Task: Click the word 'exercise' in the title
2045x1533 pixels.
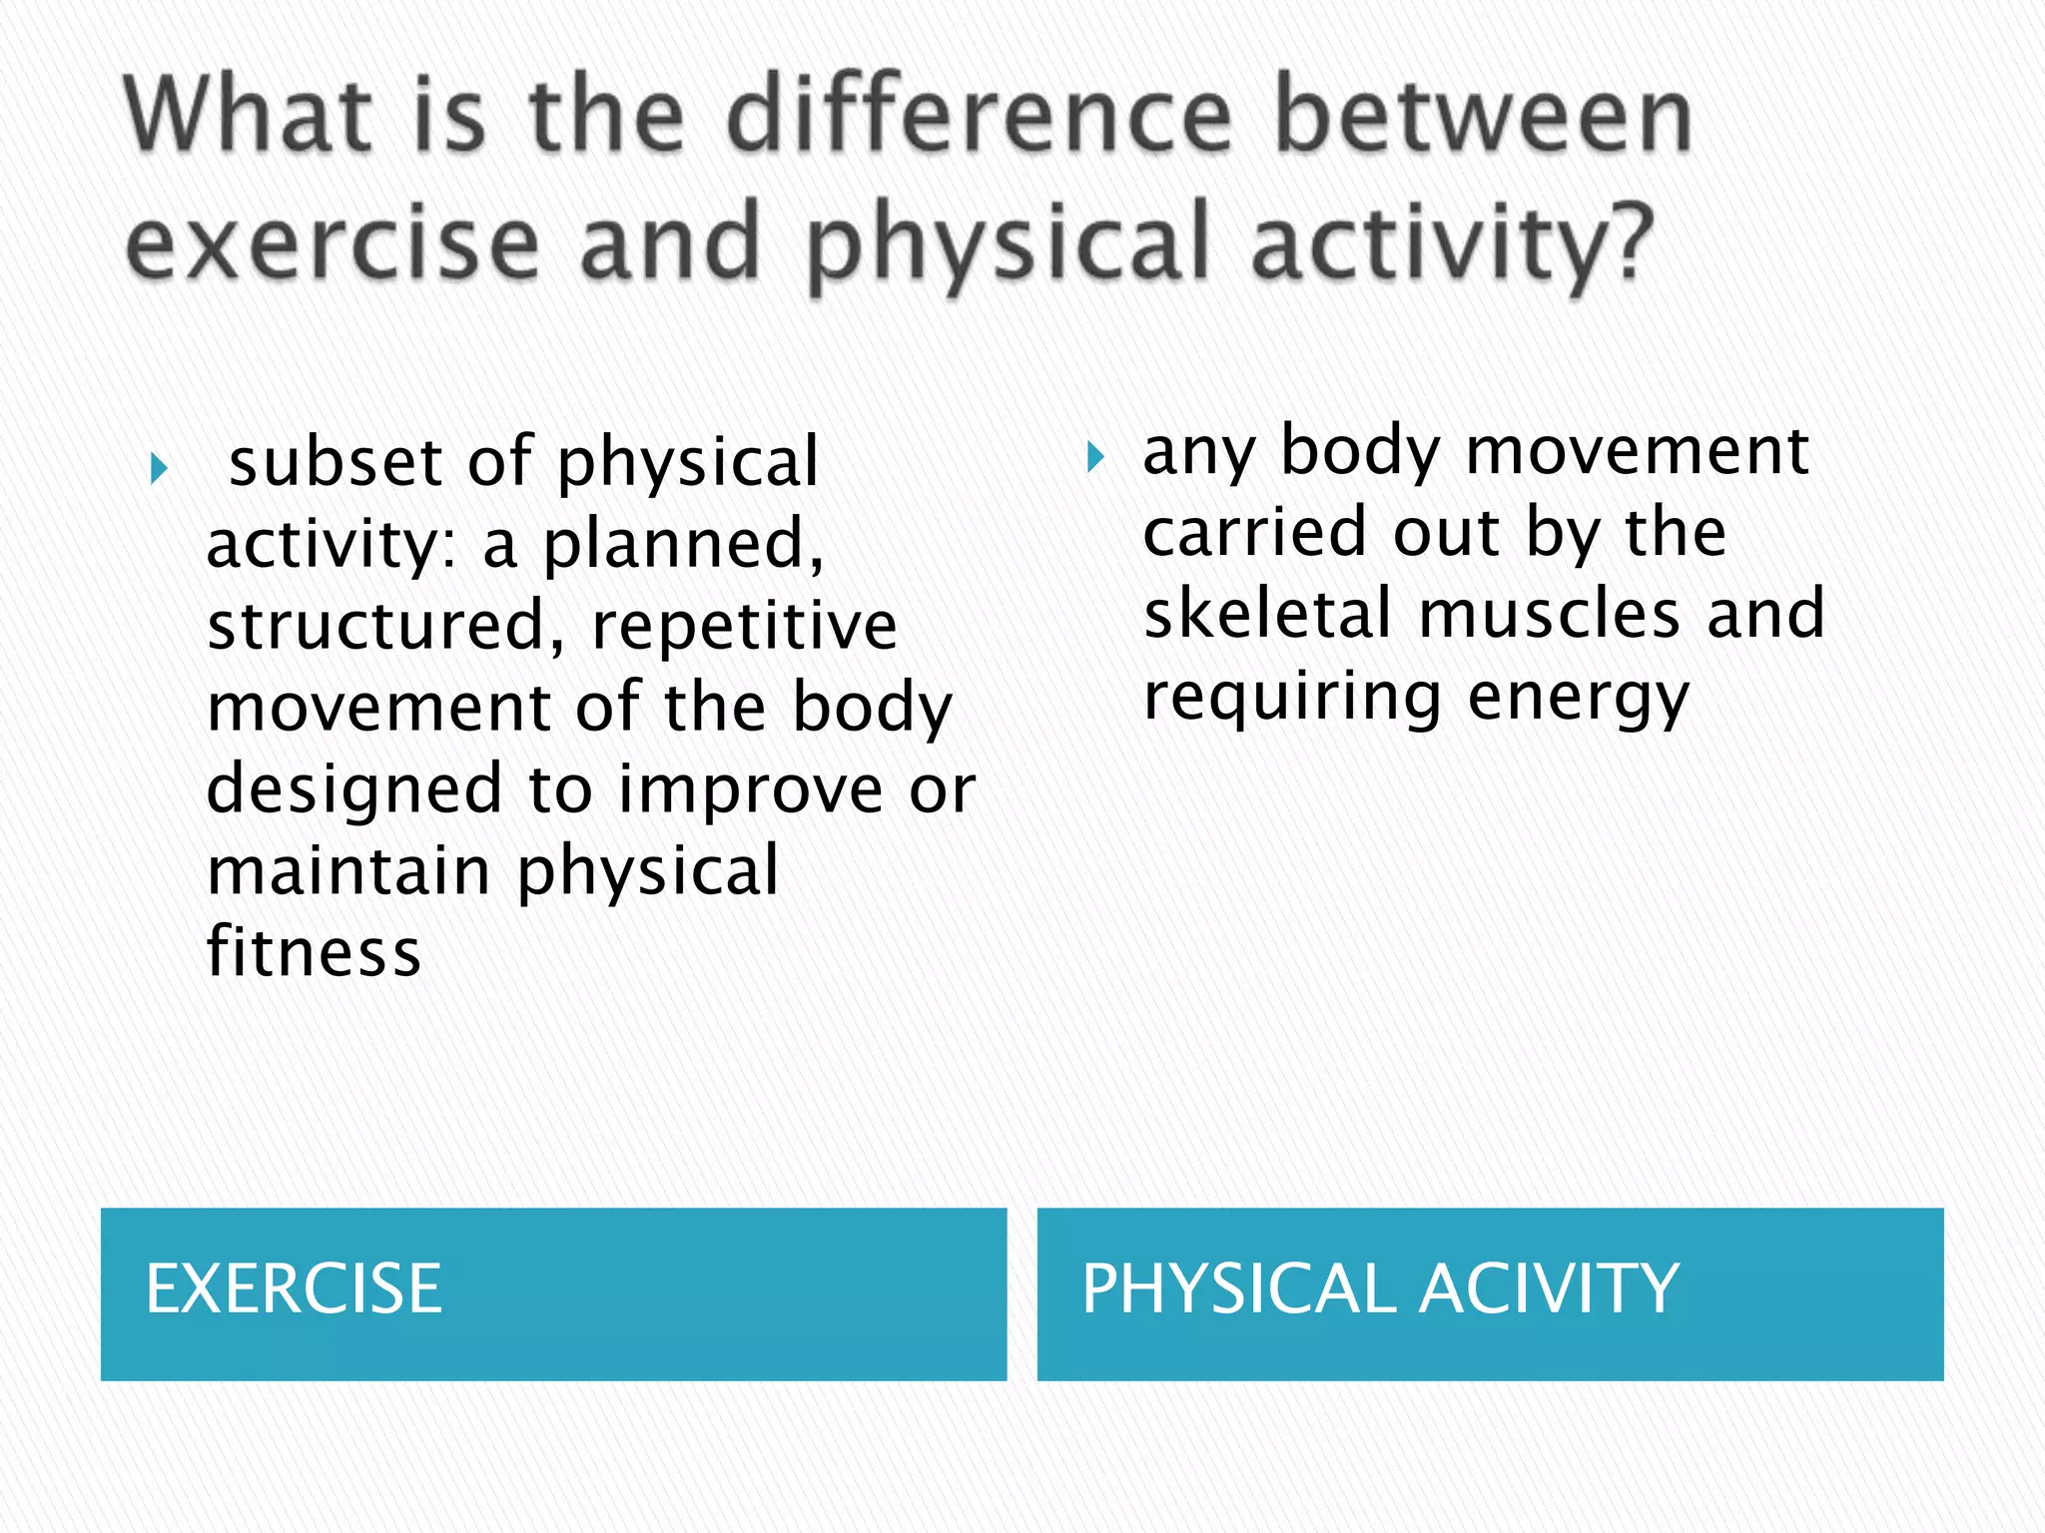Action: (x=333, y=245)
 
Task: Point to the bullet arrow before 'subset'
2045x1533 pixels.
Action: (x=159, y=467)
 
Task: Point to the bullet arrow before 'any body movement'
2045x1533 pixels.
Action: (x=1095, y=457)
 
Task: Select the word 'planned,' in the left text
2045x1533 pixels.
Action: (x=684, y=544)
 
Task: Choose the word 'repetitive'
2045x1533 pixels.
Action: (x=744, y=626)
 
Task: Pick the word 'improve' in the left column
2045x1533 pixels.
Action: (x=750, y=790)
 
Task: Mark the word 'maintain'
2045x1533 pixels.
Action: (x=348, y=870)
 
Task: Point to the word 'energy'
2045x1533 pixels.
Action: (x=1578, y=699)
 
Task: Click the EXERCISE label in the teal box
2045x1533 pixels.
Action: (x=294, y=1288)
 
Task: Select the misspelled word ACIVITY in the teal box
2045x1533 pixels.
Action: (x=1549, y=1288)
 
